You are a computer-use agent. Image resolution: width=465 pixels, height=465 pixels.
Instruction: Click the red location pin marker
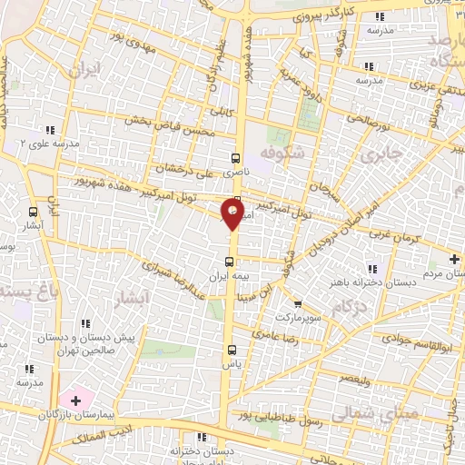pos(232,215)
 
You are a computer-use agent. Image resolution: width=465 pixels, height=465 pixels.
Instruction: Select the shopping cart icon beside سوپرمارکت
pos(298,303)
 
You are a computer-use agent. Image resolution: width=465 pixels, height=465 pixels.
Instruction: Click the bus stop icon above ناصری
pos(237,156)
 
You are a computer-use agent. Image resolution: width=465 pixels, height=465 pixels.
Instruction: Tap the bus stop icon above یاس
pos(231,349)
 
